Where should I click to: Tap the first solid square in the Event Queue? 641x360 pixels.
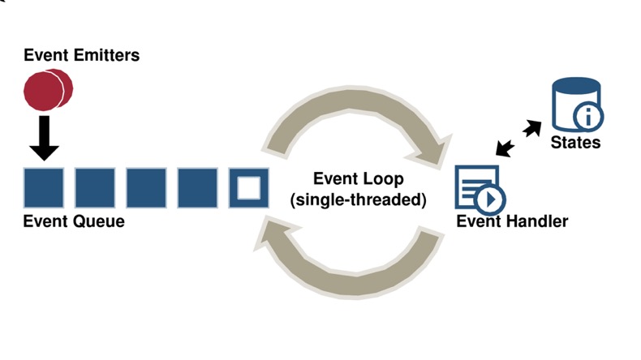tap(44, 188)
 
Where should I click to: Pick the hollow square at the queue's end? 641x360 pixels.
tap(249, 188)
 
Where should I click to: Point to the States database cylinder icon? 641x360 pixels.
tap(572, 103)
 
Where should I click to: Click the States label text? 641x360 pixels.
tap(575, 143)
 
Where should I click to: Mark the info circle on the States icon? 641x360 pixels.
tap(588, 118)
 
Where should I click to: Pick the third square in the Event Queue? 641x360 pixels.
tap(146, 188)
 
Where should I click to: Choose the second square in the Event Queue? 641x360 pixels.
tap(95, 188)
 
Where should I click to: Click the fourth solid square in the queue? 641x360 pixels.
tap(197, 188)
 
